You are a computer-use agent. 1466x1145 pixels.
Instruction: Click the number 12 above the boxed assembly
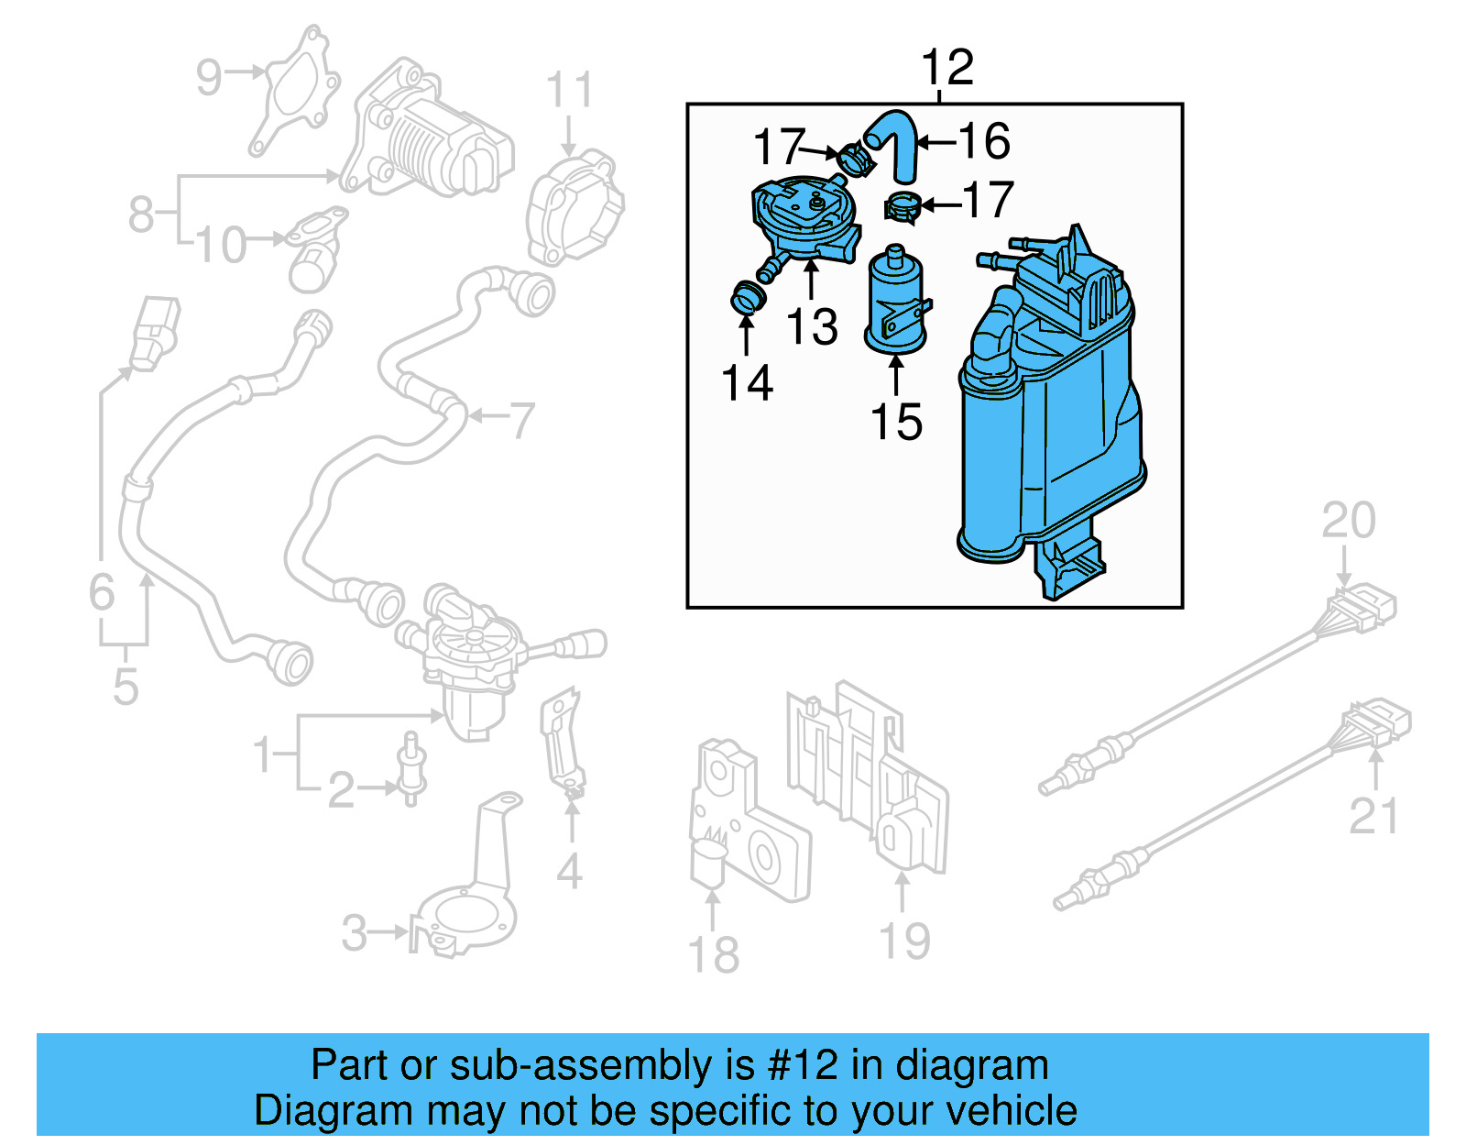pyautogui.click(x=946, y=69)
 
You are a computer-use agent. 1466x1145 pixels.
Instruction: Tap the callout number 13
pyautogui.click(x=812, y=327)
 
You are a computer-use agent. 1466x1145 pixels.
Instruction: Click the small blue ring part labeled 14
pyautogui.click(x=748, y=299)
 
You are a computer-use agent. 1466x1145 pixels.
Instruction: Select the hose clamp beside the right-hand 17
pyautogui.click(x=903, y=208)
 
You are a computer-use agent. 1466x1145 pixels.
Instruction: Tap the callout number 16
pyautogui.click(x=984, y=141)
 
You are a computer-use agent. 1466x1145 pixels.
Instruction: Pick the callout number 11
pyautogui.click(x=569, y=91)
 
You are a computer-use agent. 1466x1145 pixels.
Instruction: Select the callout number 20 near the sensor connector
pyautogui.click(x=1348, y=521)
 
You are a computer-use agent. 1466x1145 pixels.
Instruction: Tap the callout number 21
pyautogui.click(x=1373, y=816)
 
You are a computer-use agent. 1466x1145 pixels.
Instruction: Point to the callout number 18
pyautogui.click(x=713, y=955)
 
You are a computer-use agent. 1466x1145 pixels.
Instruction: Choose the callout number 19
pyautogui.click(x=904, y=941)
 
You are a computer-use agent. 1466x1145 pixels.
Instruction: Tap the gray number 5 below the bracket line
pyautogui.click(x=126, y=686)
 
